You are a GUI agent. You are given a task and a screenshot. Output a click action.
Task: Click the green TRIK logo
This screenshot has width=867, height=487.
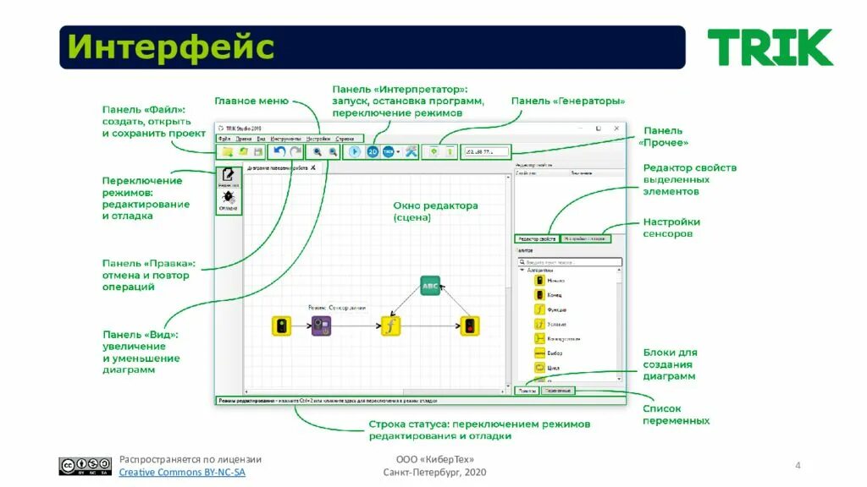click(x=770, y=47)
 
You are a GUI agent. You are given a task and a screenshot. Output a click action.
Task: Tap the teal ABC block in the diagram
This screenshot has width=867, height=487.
click(x=430, y=286)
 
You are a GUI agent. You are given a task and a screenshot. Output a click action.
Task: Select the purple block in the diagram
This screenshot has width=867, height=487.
click(x=321, y=326)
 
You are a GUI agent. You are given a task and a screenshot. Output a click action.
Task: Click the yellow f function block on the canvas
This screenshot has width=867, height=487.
click(x=389, y=326)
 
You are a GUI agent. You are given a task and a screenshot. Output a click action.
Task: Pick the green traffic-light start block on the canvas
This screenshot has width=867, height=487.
click(x=281, y=326)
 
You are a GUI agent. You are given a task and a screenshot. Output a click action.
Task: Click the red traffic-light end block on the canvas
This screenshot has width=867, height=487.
click(x=469, y=326)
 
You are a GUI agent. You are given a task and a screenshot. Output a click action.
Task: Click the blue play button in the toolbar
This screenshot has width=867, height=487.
click(x=354, y=151)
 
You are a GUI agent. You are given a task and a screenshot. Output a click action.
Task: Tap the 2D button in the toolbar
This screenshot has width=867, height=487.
click(x=373, y=151)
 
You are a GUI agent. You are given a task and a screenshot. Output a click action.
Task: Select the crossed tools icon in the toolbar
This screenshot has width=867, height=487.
click(x=411, y=151)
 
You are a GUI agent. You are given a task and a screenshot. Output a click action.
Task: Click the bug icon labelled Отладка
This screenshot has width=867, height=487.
click(x=228, y=199)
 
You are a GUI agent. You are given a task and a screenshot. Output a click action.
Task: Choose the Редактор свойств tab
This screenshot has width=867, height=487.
click(x=536, y=239)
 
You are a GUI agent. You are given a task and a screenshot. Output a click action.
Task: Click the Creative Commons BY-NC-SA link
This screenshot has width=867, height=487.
click(x=182, y=473)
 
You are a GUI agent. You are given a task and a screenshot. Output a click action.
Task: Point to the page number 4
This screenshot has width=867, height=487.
click(x=797, y=466)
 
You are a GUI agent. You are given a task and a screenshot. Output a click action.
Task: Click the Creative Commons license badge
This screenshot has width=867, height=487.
click(x=85, y=466)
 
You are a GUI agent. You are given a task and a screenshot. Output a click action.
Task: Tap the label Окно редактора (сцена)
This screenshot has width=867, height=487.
click(x=435, y=211)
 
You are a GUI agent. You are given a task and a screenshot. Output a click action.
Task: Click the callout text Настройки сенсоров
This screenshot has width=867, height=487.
click(x=671, y=227)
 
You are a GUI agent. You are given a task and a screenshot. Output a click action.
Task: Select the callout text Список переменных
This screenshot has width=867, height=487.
click(x=676, y=414)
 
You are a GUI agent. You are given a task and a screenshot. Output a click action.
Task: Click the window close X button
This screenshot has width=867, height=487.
click(x=616, y=129)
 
